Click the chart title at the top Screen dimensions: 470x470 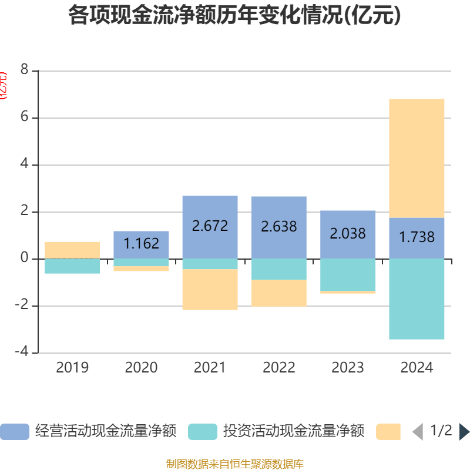pos(234,16)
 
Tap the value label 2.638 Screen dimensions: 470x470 pos(279,226)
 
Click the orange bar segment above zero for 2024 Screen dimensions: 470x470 pos(417,158)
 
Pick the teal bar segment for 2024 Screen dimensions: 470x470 pos(417,299)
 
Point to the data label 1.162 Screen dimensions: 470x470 pos(142,243)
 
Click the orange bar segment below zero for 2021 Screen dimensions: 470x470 pos(210,290)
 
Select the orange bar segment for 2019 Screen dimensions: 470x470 pos(72,250)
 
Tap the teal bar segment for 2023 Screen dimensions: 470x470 pos(348,274)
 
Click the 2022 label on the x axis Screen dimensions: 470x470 pos(279,368)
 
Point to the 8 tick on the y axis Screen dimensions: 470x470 pos(24,70)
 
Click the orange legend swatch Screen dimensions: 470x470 pos(388,432)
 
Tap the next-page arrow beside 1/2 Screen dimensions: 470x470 pos(464,432)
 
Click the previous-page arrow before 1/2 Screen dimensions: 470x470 pos(417,432)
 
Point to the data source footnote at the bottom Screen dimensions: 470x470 pos(234,464)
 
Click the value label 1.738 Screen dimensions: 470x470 pos(417,237)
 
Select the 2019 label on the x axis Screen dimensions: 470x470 pos(72,368)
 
